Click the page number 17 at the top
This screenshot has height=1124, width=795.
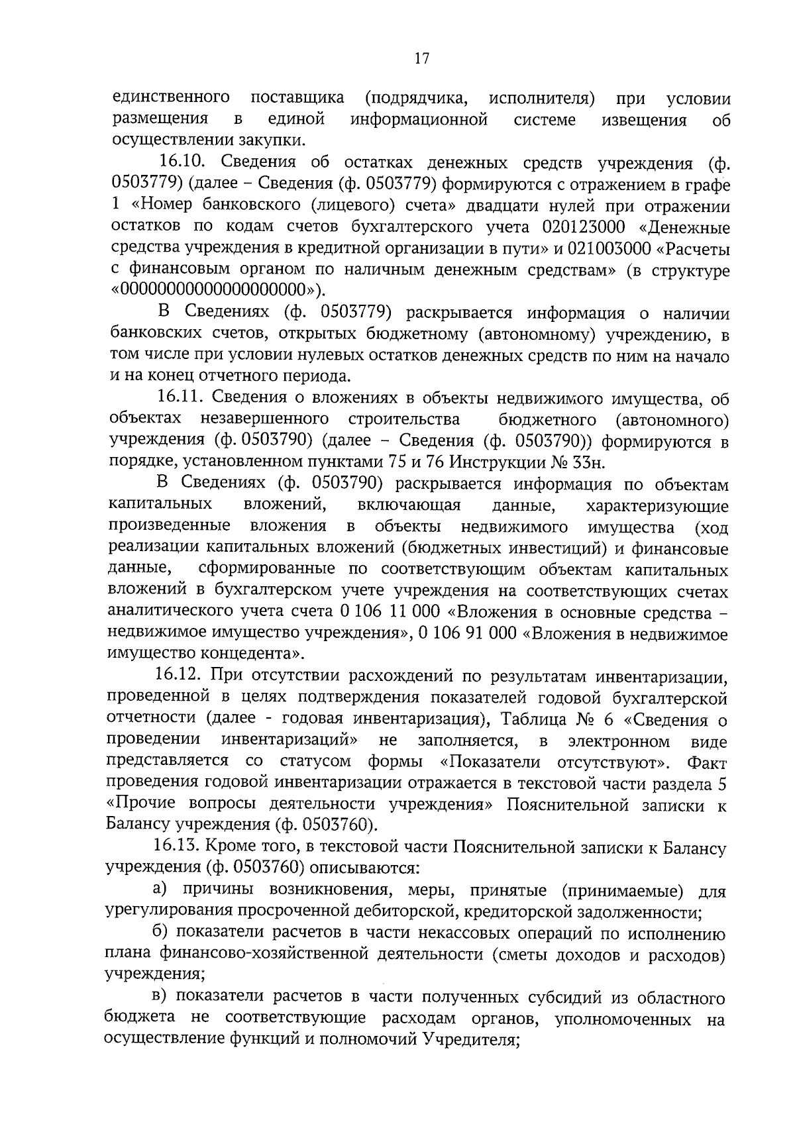(x=421, y=58)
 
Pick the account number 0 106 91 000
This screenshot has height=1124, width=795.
(x=467, y=633)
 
